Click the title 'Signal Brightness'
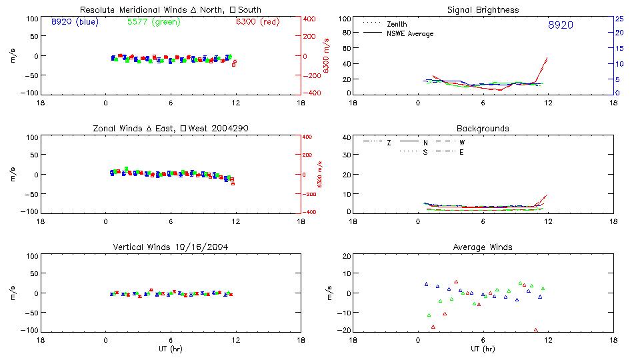(483, 10)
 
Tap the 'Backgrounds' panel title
(483, 129)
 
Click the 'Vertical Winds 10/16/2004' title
(170, 247)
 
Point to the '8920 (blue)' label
(74, 22)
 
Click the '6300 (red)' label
(257, 22)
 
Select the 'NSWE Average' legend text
(410, 34)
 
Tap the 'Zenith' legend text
(398, 24)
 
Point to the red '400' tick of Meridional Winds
(309, 19)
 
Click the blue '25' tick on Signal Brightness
(619, 19)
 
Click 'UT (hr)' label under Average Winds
(483, 349)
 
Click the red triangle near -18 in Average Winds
(433, 327)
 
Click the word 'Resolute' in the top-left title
(98, 10)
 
